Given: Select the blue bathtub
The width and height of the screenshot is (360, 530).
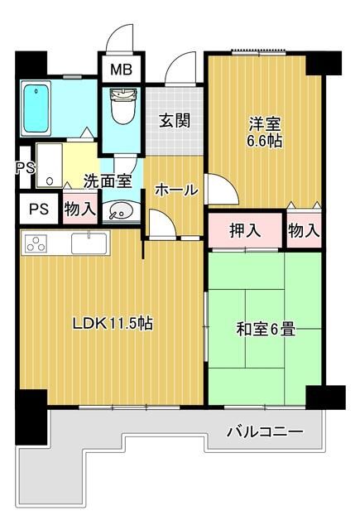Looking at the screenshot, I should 38,110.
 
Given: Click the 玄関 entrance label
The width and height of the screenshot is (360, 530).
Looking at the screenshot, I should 175,120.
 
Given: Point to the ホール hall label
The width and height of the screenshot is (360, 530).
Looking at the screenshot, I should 175,190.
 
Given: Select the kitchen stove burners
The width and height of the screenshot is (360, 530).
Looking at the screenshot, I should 37,243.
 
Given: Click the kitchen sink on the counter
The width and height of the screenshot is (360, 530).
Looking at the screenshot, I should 86,243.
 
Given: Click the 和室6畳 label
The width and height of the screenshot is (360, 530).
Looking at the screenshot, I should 266,330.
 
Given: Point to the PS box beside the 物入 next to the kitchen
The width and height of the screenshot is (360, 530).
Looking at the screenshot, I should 39,209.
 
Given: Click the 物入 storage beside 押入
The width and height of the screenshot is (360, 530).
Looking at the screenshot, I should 304,230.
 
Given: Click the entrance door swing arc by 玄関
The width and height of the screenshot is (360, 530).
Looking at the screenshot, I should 180,70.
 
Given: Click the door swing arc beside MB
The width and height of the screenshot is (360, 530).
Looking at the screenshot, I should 121,38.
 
